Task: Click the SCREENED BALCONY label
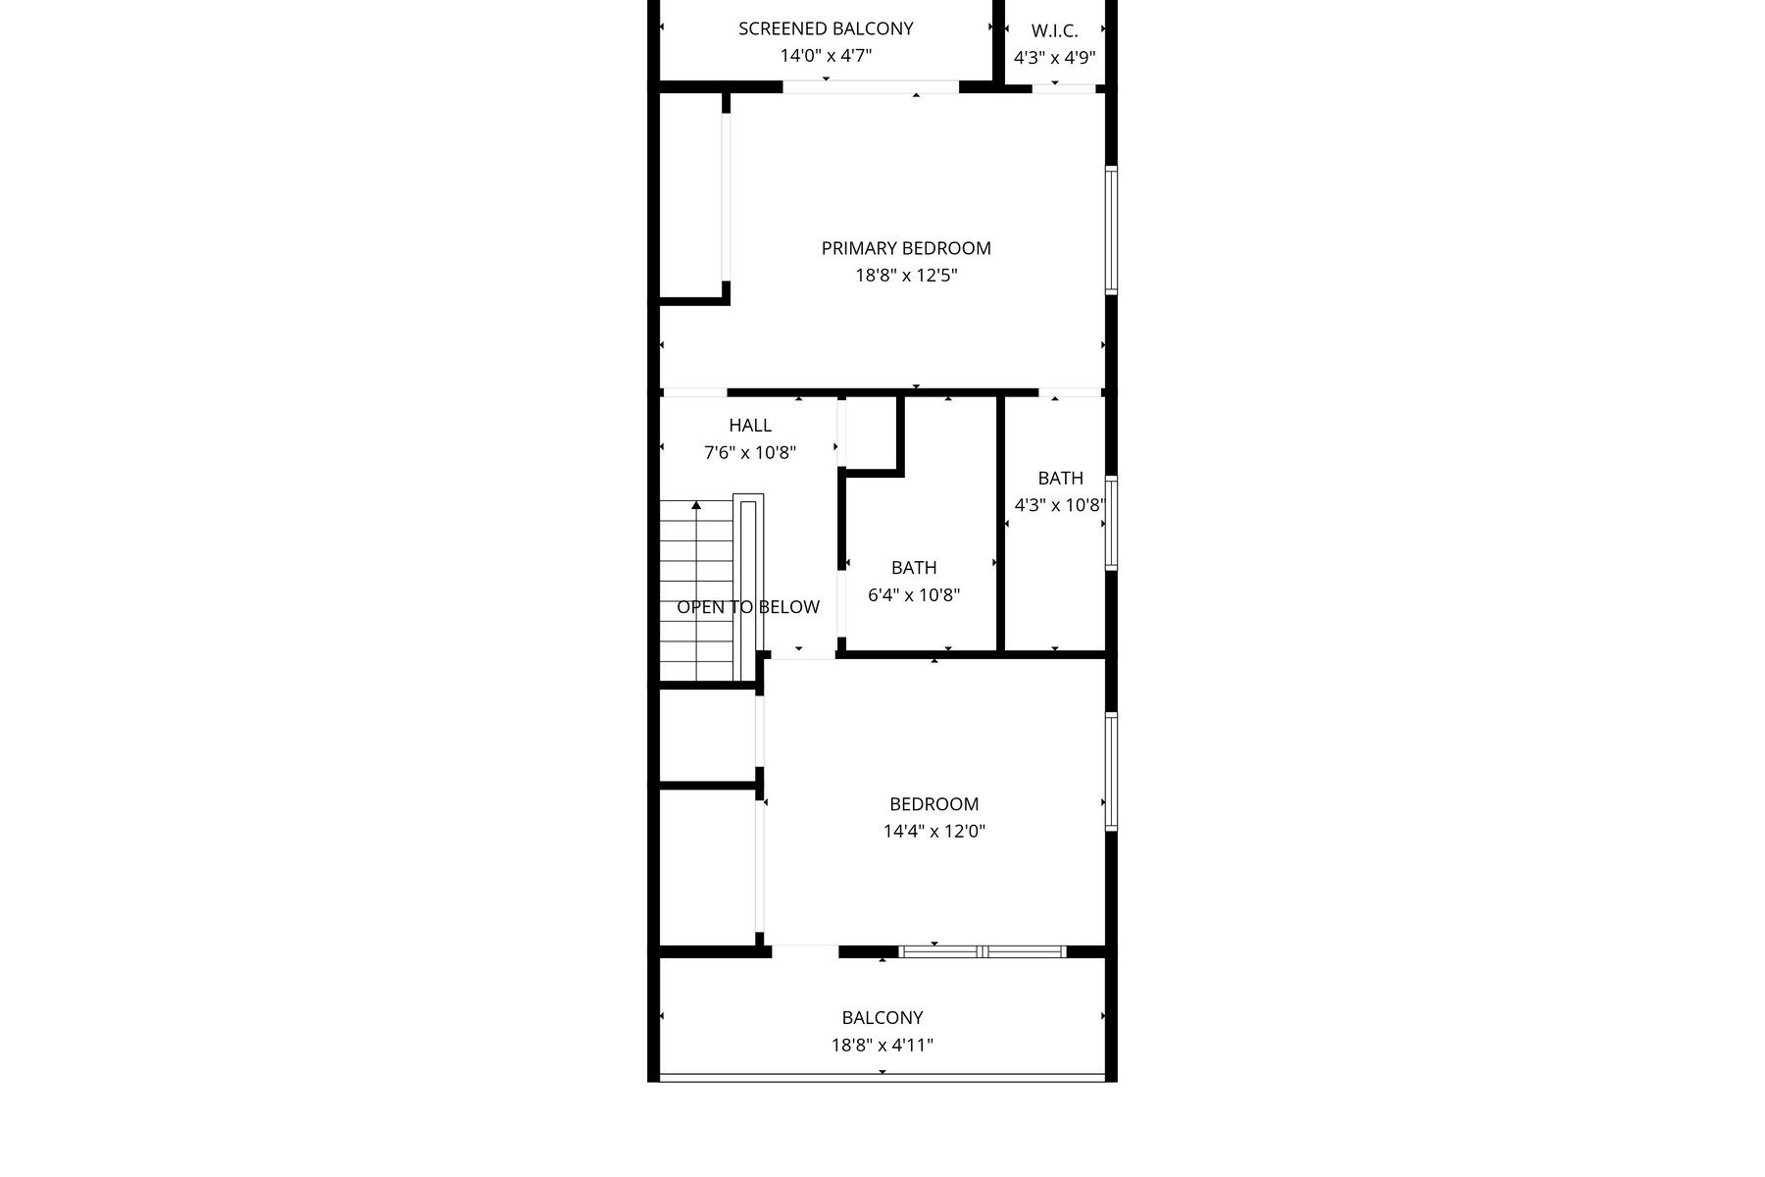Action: (826, 28)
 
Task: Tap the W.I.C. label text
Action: (1054, 31)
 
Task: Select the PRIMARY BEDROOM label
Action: (906, 248)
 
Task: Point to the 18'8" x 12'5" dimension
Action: (906, 276)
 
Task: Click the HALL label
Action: (750, 425)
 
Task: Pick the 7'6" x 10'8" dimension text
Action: (750, 452)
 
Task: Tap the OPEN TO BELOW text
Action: (748, 607)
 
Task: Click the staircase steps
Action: (696, 588)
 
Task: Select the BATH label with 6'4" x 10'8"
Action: (914, 567)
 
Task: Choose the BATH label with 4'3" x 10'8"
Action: (1060, 478)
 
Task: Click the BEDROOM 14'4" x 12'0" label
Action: (933, 804)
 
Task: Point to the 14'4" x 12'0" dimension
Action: (933, 832)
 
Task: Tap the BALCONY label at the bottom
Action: (882, 1018)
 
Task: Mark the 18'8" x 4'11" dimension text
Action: (882, 1046)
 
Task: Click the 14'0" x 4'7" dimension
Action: (826, 56)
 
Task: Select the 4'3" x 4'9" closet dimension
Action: (1054, 58)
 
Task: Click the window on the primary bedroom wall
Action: (1111, 230)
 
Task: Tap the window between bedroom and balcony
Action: (983, 951)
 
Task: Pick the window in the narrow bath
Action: (1111, 523)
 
